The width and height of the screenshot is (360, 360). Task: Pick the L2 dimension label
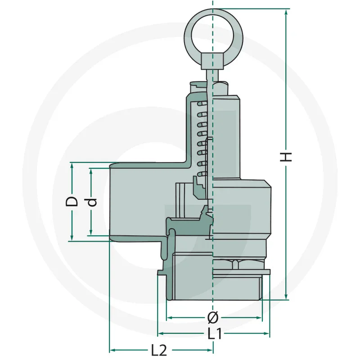pos(159,350)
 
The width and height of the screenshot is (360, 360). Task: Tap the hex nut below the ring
pos(213,60)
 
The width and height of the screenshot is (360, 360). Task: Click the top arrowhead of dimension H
pos(286,11)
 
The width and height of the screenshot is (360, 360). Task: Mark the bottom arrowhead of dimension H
pos(286,297)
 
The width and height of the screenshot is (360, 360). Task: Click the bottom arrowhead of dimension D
pos(72,238)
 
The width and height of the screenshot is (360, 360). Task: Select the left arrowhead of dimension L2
pos(113,350)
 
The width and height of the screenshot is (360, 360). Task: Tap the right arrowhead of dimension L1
pos(267,334)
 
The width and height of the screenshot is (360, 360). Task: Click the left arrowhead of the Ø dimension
pos(169,318)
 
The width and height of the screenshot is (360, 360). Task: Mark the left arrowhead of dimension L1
pos(160,334)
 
